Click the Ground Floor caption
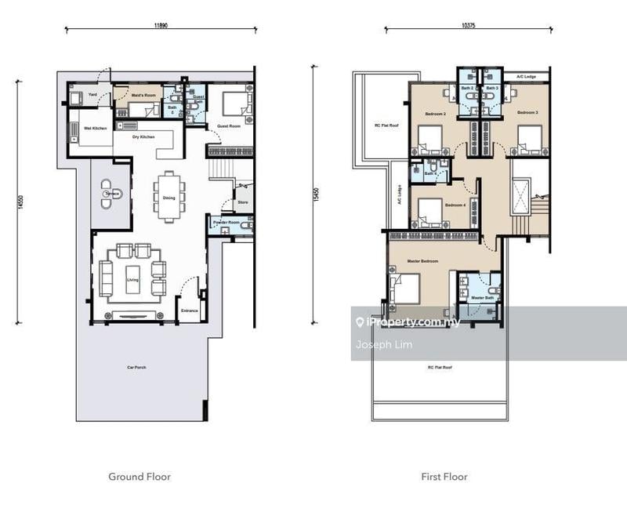point(139,476)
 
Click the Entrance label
point(190,310)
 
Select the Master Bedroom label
point(422,261)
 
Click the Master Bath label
point(481,298)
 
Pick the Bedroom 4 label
point(455,205)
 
